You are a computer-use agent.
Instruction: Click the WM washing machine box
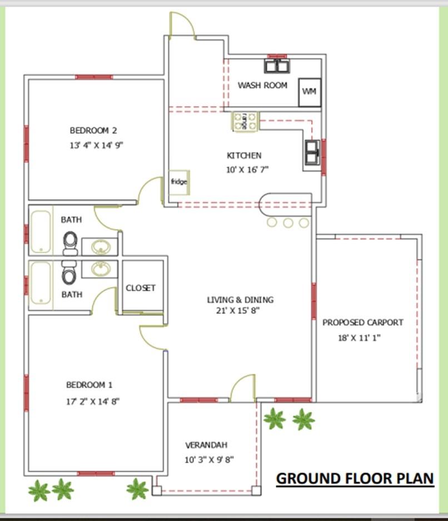coord(310,92)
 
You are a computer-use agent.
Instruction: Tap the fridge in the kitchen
coord(179,182)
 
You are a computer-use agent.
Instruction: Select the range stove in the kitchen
coord(245,121)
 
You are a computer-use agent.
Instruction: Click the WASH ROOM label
coord(262,86)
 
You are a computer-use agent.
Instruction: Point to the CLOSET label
coord(141,288)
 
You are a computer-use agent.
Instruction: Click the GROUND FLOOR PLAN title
coord(355,478)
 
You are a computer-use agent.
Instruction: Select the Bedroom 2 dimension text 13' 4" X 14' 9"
coord(96,145)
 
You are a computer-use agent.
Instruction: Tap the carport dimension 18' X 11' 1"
coord(359,338)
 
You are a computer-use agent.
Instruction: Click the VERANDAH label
coord(206,445)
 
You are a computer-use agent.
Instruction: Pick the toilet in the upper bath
coord(70,243)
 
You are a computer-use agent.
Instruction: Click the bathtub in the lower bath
coord(41,283)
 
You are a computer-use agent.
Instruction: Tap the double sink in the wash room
coord(277,66)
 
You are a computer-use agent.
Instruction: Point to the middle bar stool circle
coord(288,223)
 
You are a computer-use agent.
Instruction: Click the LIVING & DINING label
coord(240,300)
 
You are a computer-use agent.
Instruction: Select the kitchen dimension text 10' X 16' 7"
coord(247,170)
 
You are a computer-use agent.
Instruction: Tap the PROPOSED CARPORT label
coord(363,322)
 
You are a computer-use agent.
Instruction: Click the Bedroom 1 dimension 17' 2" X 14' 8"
coord(93,402)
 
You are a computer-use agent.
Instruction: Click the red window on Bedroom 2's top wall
coord(94,77)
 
